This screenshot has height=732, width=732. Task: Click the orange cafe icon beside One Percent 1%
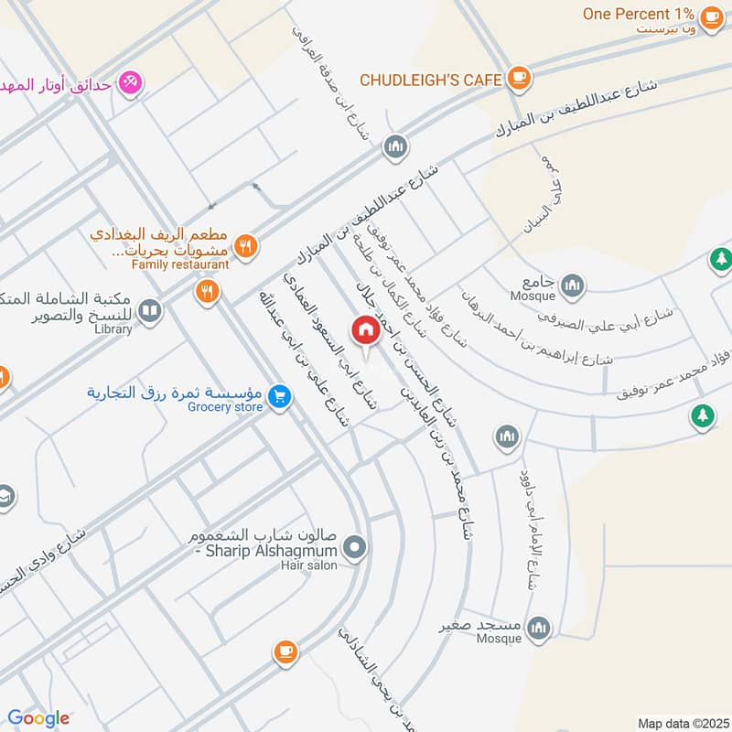coord(711,16)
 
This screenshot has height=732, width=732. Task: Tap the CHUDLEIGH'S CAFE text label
coord(431,80)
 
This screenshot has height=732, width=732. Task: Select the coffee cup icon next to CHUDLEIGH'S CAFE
coord(519,78)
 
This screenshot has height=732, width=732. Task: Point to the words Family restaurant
coord(179,264)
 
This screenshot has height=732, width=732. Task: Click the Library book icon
coord(150,313)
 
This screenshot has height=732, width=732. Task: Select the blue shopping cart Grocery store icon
coord(280,396)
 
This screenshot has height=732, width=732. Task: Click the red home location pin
coord(365,330)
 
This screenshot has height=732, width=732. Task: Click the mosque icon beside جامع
coord(573,285)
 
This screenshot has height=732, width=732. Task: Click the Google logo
coord(38,718)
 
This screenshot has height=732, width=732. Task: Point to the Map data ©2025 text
coord(682,723)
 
